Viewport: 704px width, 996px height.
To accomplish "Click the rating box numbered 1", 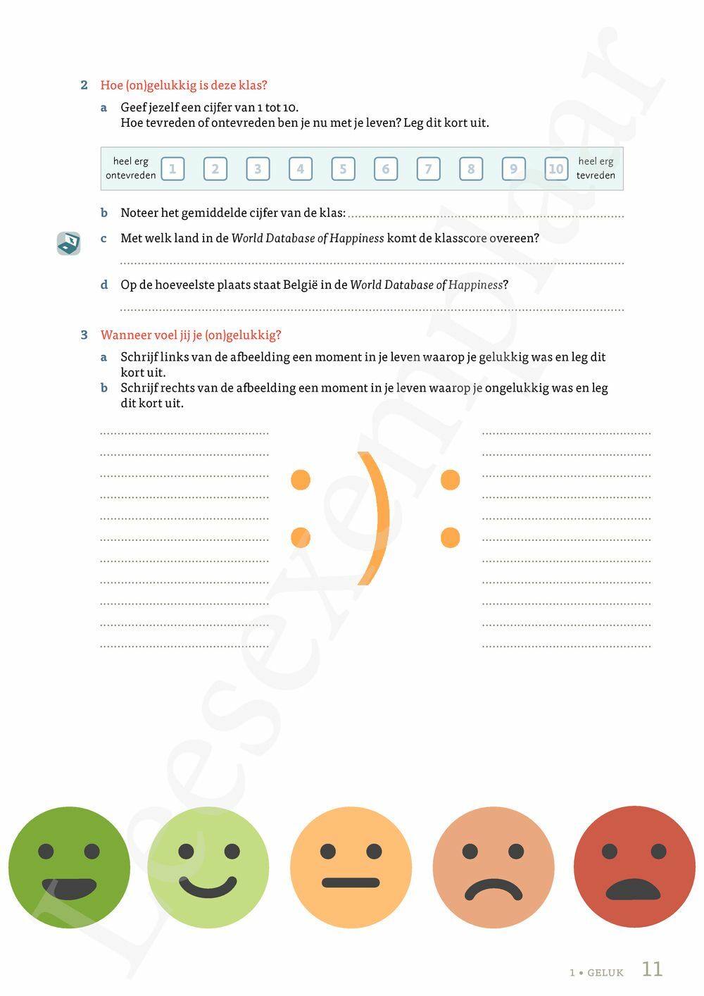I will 172,169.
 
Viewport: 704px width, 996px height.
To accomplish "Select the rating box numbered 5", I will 343,169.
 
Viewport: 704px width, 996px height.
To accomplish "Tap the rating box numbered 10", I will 556,169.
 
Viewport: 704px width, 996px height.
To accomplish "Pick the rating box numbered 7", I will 428,169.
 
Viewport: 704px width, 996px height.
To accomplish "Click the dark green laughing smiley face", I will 69,867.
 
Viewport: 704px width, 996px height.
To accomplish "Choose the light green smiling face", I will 208,867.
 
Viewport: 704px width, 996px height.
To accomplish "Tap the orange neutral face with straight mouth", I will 351,867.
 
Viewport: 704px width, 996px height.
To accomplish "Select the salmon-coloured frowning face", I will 494,867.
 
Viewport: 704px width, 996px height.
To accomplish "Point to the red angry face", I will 634,867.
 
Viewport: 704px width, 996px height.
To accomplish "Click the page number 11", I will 652,969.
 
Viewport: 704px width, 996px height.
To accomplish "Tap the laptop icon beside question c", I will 68,244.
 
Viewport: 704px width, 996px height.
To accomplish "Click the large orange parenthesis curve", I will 375,518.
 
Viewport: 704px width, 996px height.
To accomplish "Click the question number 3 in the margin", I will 84,335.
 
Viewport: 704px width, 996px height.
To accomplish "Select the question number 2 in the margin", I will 84,85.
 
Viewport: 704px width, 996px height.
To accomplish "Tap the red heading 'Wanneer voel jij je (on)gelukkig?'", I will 191,335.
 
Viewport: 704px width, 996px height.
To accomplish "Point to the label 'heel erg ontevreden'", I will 131,168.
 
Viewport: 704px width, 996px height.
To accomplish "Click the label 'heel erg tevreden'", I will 596,168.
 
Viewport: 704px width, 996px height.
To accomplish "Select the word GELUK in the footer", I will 605,973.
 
